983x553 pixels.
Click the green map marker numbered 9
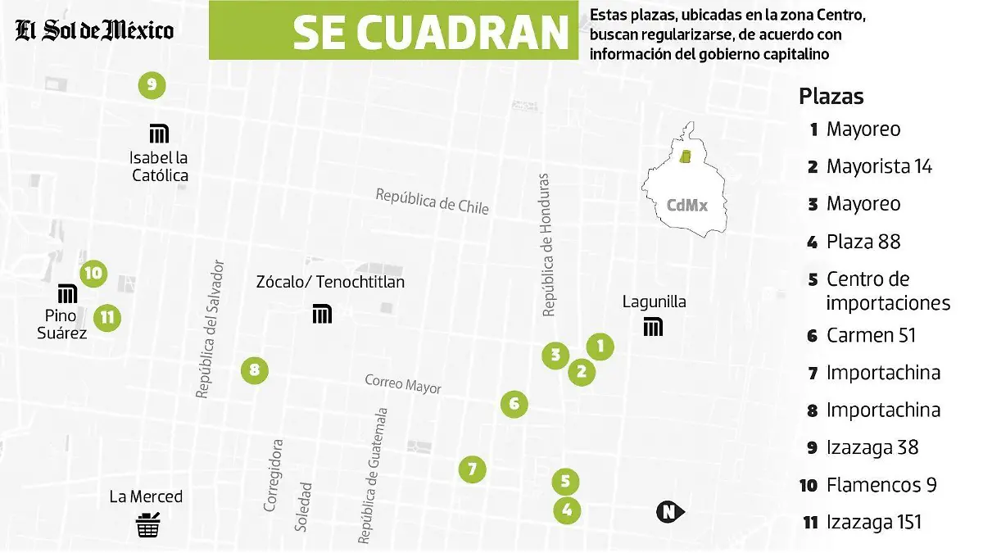coord(152,84)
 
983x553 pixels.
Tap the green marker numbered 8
coord(255,370)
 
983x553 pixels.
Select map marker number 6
coord(514,404)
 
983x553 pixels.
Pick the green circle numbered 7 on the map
coord(472,469)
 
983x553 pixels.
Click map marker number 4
coord(567,511)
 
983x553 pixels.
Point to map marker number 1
coord(600,347)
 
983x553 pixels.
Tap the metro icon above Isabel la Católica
coord(159,133)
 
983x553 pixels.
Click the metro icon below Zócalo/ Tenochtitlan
coord(322,314)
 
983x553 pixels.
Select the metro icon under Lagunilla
coord(653,327)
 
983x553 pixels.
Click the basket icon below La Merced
coord(147,525)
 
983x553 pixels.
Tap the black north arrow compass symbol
coord(670,513)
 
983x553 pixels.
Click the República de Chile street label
coord(433,201)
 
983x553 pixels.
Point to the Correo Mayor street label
coord(403,383)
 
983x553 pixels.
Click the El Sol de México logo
coord(94,31)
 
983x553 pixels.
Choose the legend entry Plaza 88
coord(863,242)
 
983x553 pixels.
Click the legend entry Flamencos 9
coord(881,485)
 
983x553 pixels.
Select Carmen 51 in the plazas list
coord(871,335)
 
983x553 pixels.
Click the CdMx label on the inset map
coord(686,206)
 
